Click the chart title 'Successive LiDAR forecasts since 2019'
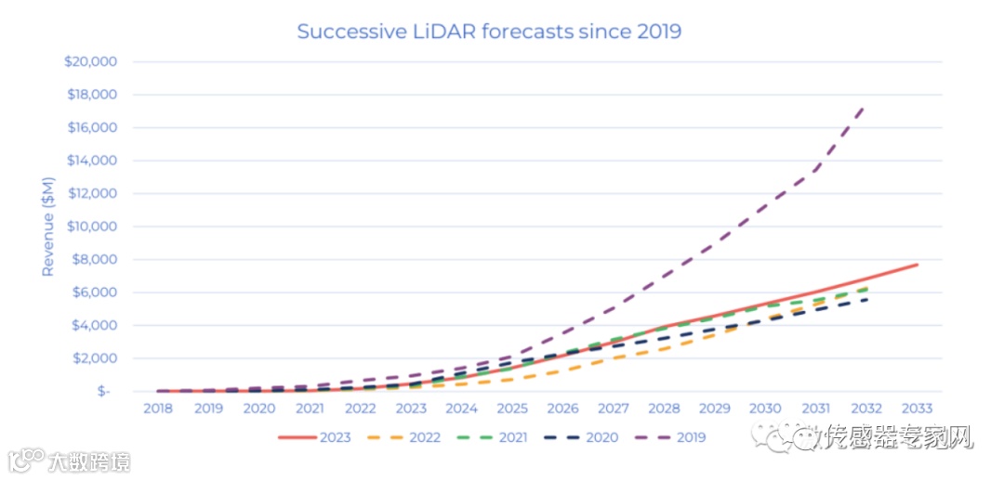pos(489,32)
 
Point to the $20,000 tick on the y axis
pos(90,62)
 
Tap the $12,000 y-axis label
pos(90,194)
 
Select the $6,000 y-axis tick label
pos(94,292)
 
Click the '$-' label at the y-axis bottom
pos(104,392)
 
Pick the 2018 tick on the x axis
pos(157,409)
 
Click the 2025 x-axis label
pos(511,409)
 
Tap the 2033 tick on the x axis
pos(917,409)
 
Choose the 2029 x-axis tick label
pos(714,409)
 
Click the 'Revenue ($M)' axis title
pos(48,227)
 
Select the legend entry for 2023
pos(315,437)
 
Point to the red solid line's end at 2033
pos(917,265)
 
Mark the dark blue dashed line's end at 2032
pos(866,299)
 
